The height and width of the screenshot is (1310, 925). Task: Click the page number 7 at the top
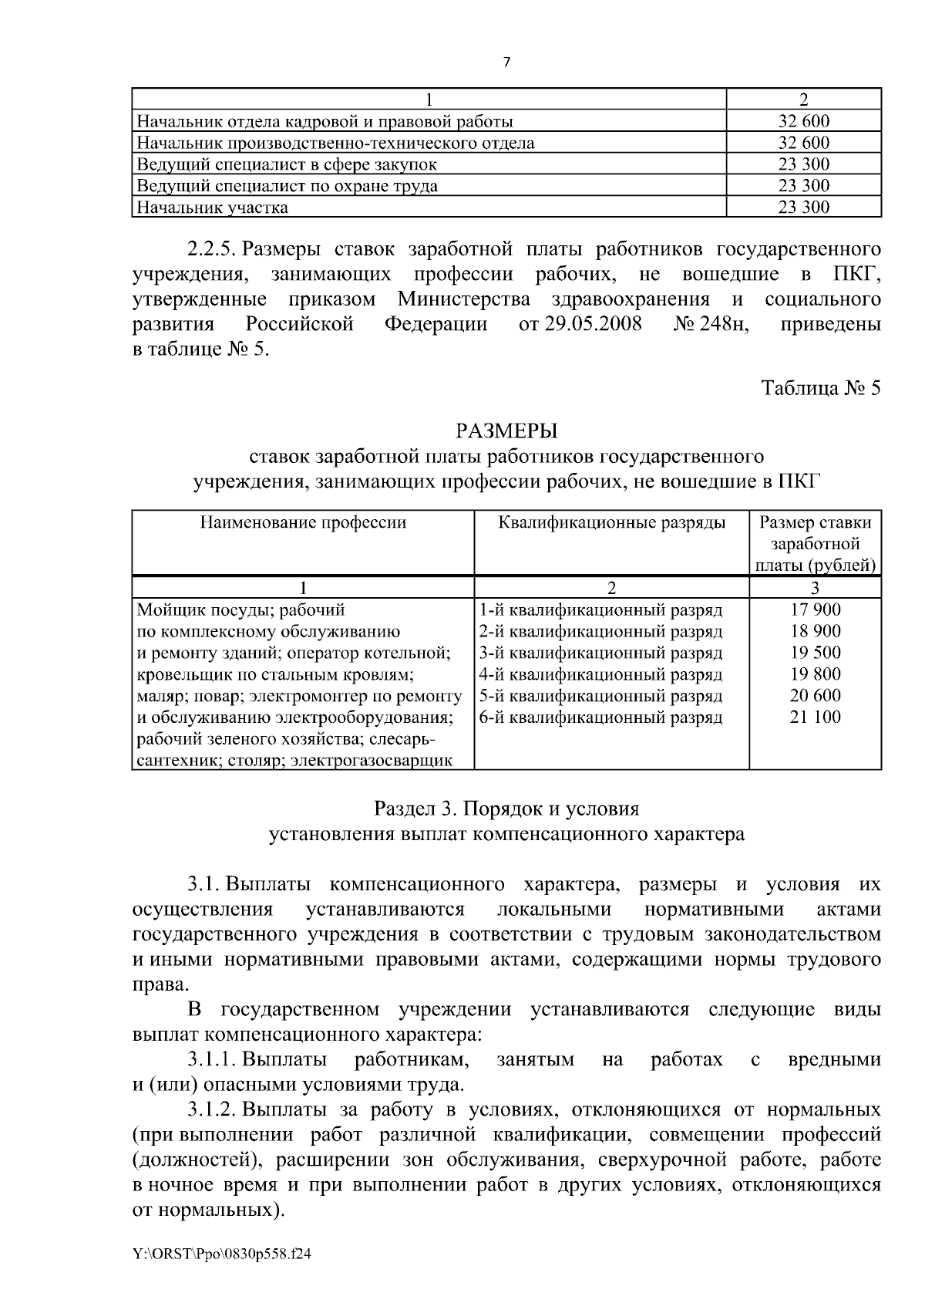pyautogui.click(x=506, y=63)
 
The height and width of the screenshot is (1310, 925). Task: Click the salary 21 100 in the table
pyautogui.click(x=815, y=717)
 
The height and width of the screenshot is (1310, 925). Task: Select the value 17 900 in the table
pyautogui.click(x=815, y=609)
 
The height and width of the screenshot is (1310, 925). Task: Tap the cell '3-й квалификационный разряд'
pyautogui.click(x=600, y=653)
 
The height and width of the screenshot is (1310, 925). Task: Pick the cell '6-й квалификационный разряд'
pyautogui.click(x=600, y=717)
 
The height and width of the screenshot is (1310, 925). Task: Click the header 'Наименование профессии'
pyautogui.click(x=303, y=522)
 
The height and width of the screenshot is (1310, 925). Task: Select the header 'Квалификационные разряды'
pyautogui.click(x=611, y=522)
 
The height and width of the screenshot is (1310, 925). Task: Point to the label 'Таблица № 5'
pyautogui.click(x=820, y=387)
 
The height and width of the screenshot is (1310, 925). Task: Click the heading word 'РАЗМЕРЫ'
pyautogui.click(x=506, y=430)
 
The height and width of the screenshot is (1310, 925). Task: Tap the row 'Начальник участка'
pyautogui.click(x=213, y=208)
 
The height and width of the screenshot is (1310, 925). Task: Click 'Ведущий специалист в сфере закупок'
pyautogui.click(x=287, y=164)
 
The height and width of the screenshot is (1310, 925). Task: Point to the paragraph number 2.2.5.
pyautogui.click(x=210, y=250)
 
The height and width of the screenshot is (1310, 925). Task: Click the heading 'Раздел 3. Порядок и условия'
pyautogui.click(x=506, y=809)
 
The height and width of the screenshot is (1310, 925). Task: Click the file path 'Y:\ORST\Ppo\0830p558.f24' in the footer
pyautogui.click(x=222, y=1254)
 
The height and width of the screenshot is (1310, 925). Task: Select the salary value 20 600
pyautogui.click(x=815, y=696)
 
